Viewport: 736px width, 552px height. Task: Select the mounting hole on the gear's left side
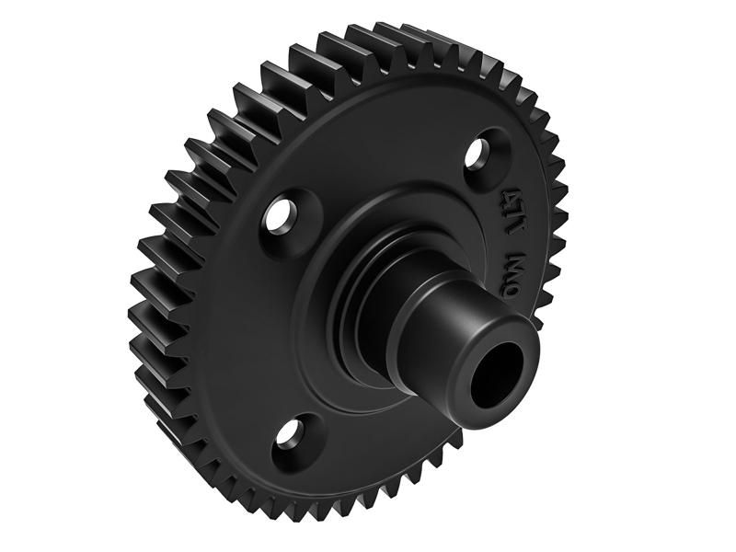tap(277, 218)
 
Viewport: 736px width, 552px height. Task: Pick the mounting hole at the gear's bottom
tap(292, 433)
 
